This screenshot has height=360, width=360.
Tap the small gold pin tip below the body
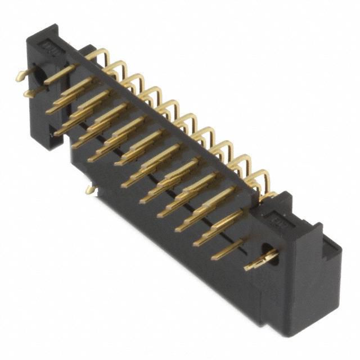[89, 190]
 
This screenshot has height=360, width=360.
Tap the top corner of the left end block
[53, 26]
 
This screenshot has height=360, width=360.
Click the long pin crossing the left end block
[60, 73]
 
